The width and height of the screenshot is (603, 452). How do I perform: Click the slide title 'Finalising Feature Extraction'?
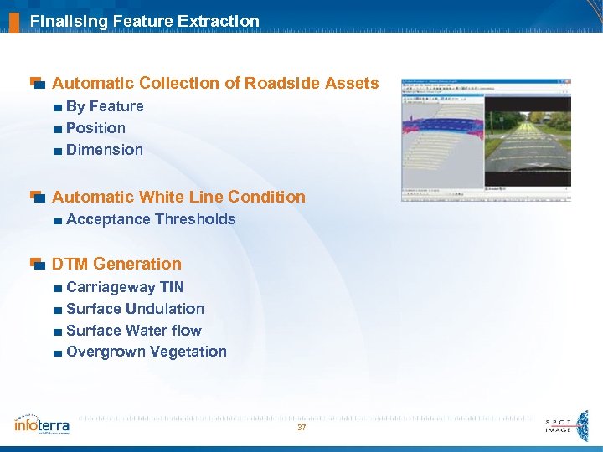pyautogui.click(x=144, y=21)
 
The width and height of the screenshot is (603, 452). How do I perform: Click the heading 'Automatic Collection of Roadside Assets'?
pyautogui.click(x=215, y=84)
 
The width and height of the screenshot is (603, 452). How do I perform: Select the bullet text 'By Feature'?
pyautogui.click(x=105, y=106)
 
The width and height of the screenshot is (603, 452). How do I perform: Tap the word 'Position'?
pyautogui.click(x=95, y=128)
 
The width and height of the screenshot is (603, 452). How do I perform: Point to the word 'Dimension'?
pyautogui.click(x=104, y=150)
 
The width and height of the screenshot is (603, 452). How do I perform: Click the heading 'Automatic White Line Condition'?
pyautogui.click(x=178, y=197)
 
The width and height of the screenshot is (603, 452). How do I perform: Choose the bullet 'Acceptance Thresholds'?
pyautogui.click(x=151, y=219)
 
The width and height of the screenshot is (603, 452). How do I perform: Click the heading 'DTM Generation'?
pyautogui.click(x=116, y=264)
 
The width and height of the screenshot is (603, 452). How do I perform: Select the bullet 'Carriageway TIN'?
pyautogui.click(x=125, y=287)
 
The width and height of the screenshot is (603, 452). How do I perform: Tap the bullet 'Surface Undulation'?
pyautogui.click(x=135, y=309)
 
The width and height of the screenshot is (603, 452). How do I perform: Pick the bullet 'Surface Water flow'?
pyautogui.click(x=134, y=331)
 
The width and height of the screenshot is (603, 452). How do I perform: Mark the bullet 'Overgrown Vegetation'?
pyautogui.click(x=146, y=352)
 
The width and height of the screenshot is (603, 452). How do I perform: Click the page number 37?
pyautogui.click(x=301, y=428)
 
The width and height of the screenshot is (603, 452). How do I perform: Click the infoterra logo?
pyautogui.click(x=42, y=424)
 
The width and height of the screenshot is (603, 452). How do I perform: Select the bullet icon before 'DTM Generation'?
pyautogui.click(x=36, y=264)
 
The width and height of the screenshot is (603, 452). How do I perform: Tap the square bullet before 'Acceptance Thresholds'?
pyautogui.click(x=56, y=220)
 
